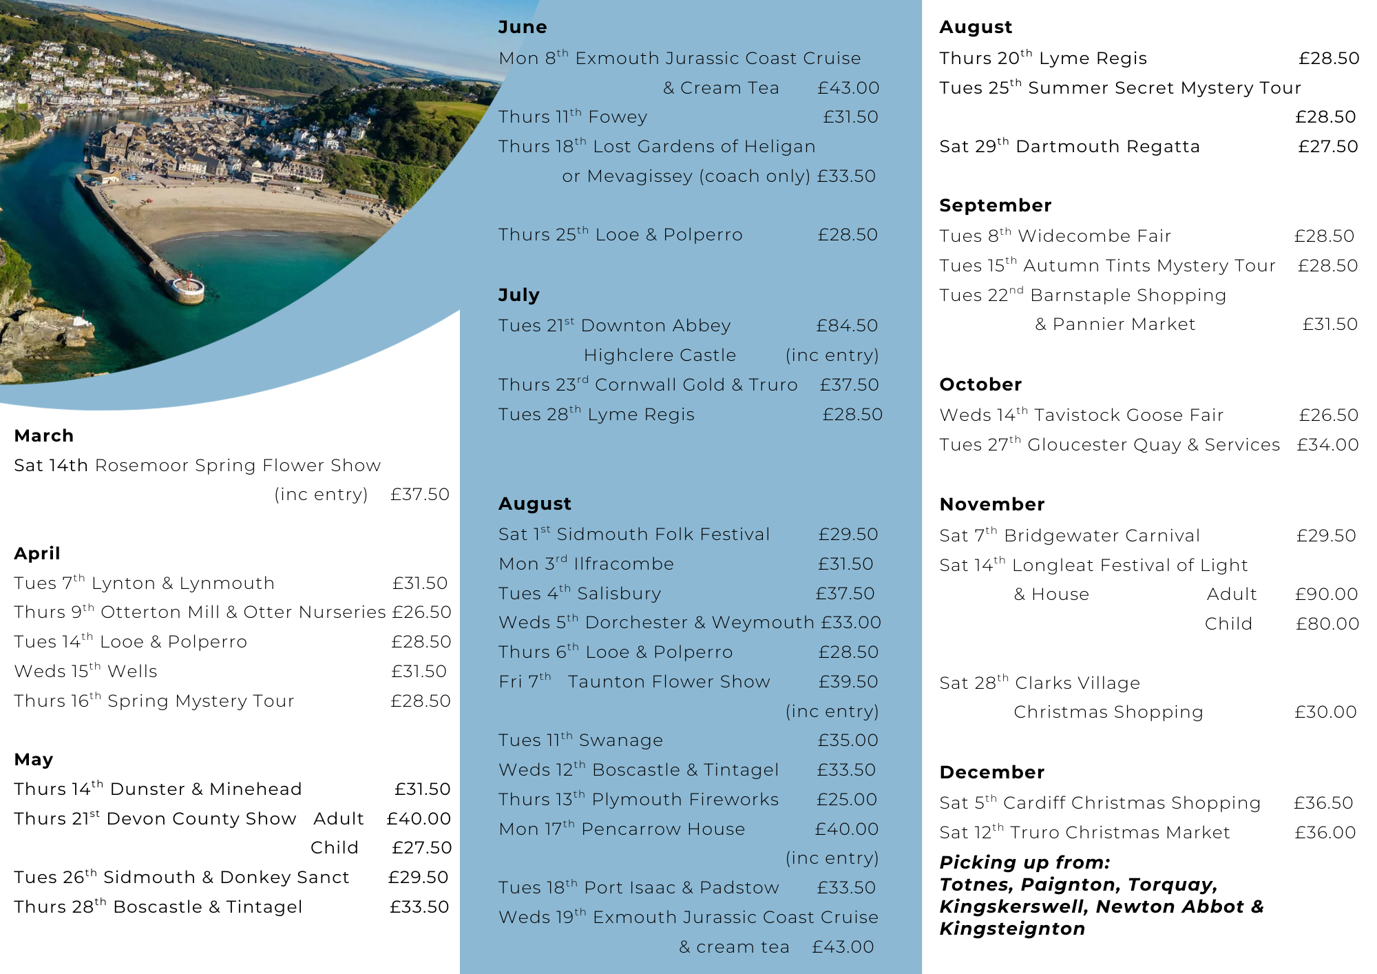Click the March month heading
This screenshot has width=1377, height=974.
[43, 436]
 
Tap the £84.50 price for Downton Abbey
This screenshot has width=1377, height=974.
[847, 326]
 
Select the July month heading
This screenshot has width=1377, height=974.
[518, 296]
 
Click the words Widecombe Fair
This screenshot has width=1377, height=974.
[1094, 236]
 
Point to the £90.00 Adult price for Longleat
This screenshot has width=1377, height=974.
[1326, 594]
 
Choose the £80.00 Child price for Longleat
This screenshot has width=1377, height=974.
[1327, 624]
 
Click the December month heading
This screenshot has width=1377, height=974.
[991, 772]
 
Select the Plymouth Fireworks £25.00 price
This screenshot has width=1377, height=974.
[846, 800]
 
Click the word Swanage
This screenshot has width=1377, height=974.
[620, 740]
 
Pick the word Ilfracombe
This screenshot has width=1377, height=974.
[624, 564]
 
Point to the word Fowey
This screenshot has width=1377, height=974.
[618, 117]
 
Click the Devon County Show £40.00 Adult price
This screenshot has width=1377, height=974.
[419, 819]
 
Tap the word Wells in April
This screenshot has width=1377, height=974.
[132, 672]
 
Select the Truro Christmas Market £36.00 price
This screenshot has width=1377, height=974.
[1325, 833]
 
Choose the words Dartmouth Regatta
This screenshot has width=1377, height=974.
[1107, 147]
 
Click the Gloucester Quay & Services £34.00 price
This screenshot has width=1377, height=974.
[1327, 445]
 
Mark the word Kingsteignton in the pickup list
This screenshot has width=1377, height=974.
[1012, 929]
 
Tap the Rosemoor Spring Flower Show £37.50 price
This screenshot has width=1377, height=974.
[419, 495]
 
